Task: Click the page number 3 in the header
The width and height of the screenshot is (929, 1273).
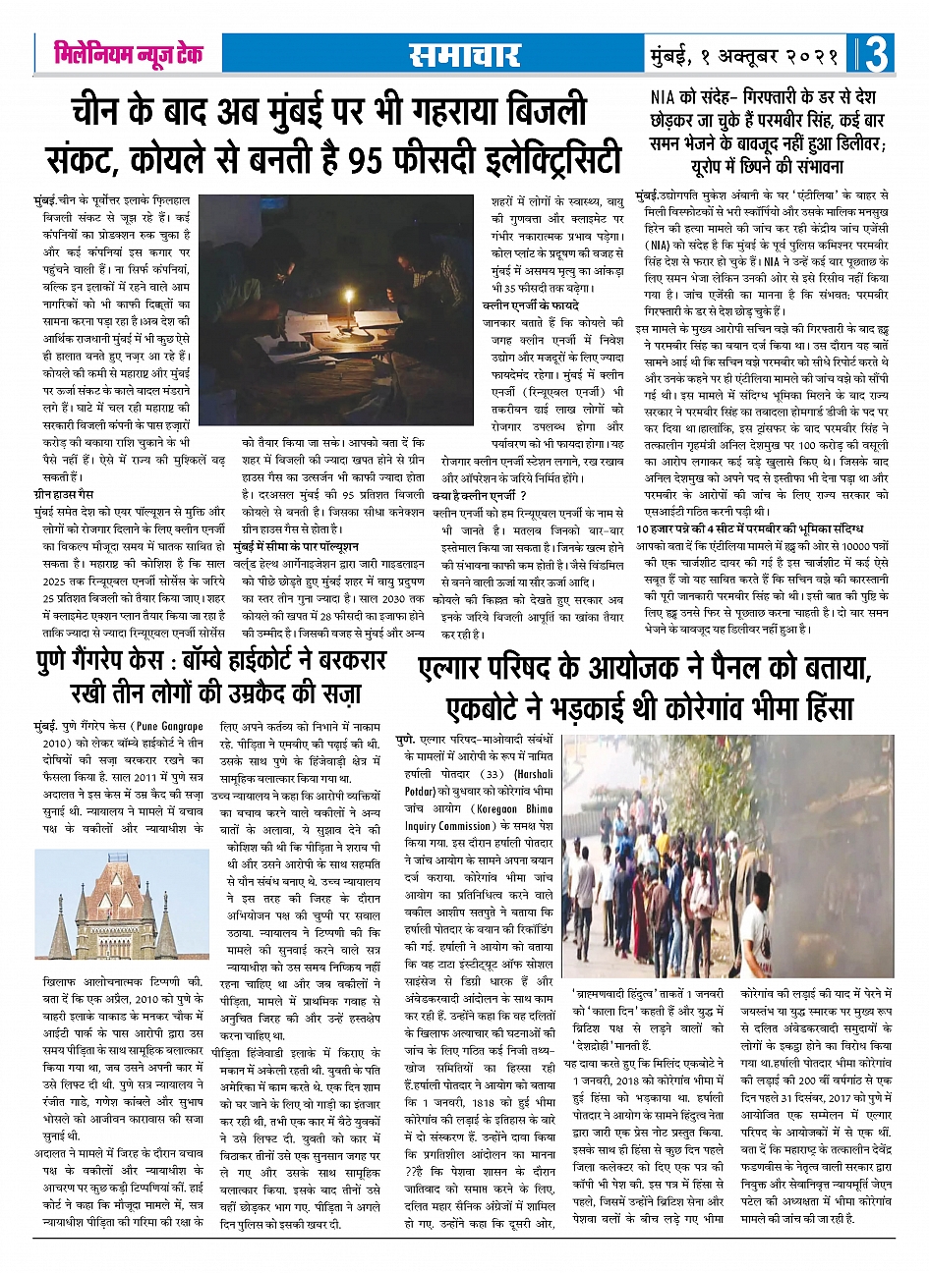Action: tap(877, 54)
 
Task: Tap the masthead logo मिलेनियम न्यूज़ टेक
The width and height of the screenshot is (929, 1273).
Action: tap(128, 55)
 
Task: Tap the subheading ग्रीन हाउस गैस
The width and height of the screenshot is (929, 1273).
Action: tap(66, 495)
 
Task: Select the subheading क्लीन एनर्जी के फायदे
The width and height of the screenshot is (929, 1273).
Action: tap(523, 305)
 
